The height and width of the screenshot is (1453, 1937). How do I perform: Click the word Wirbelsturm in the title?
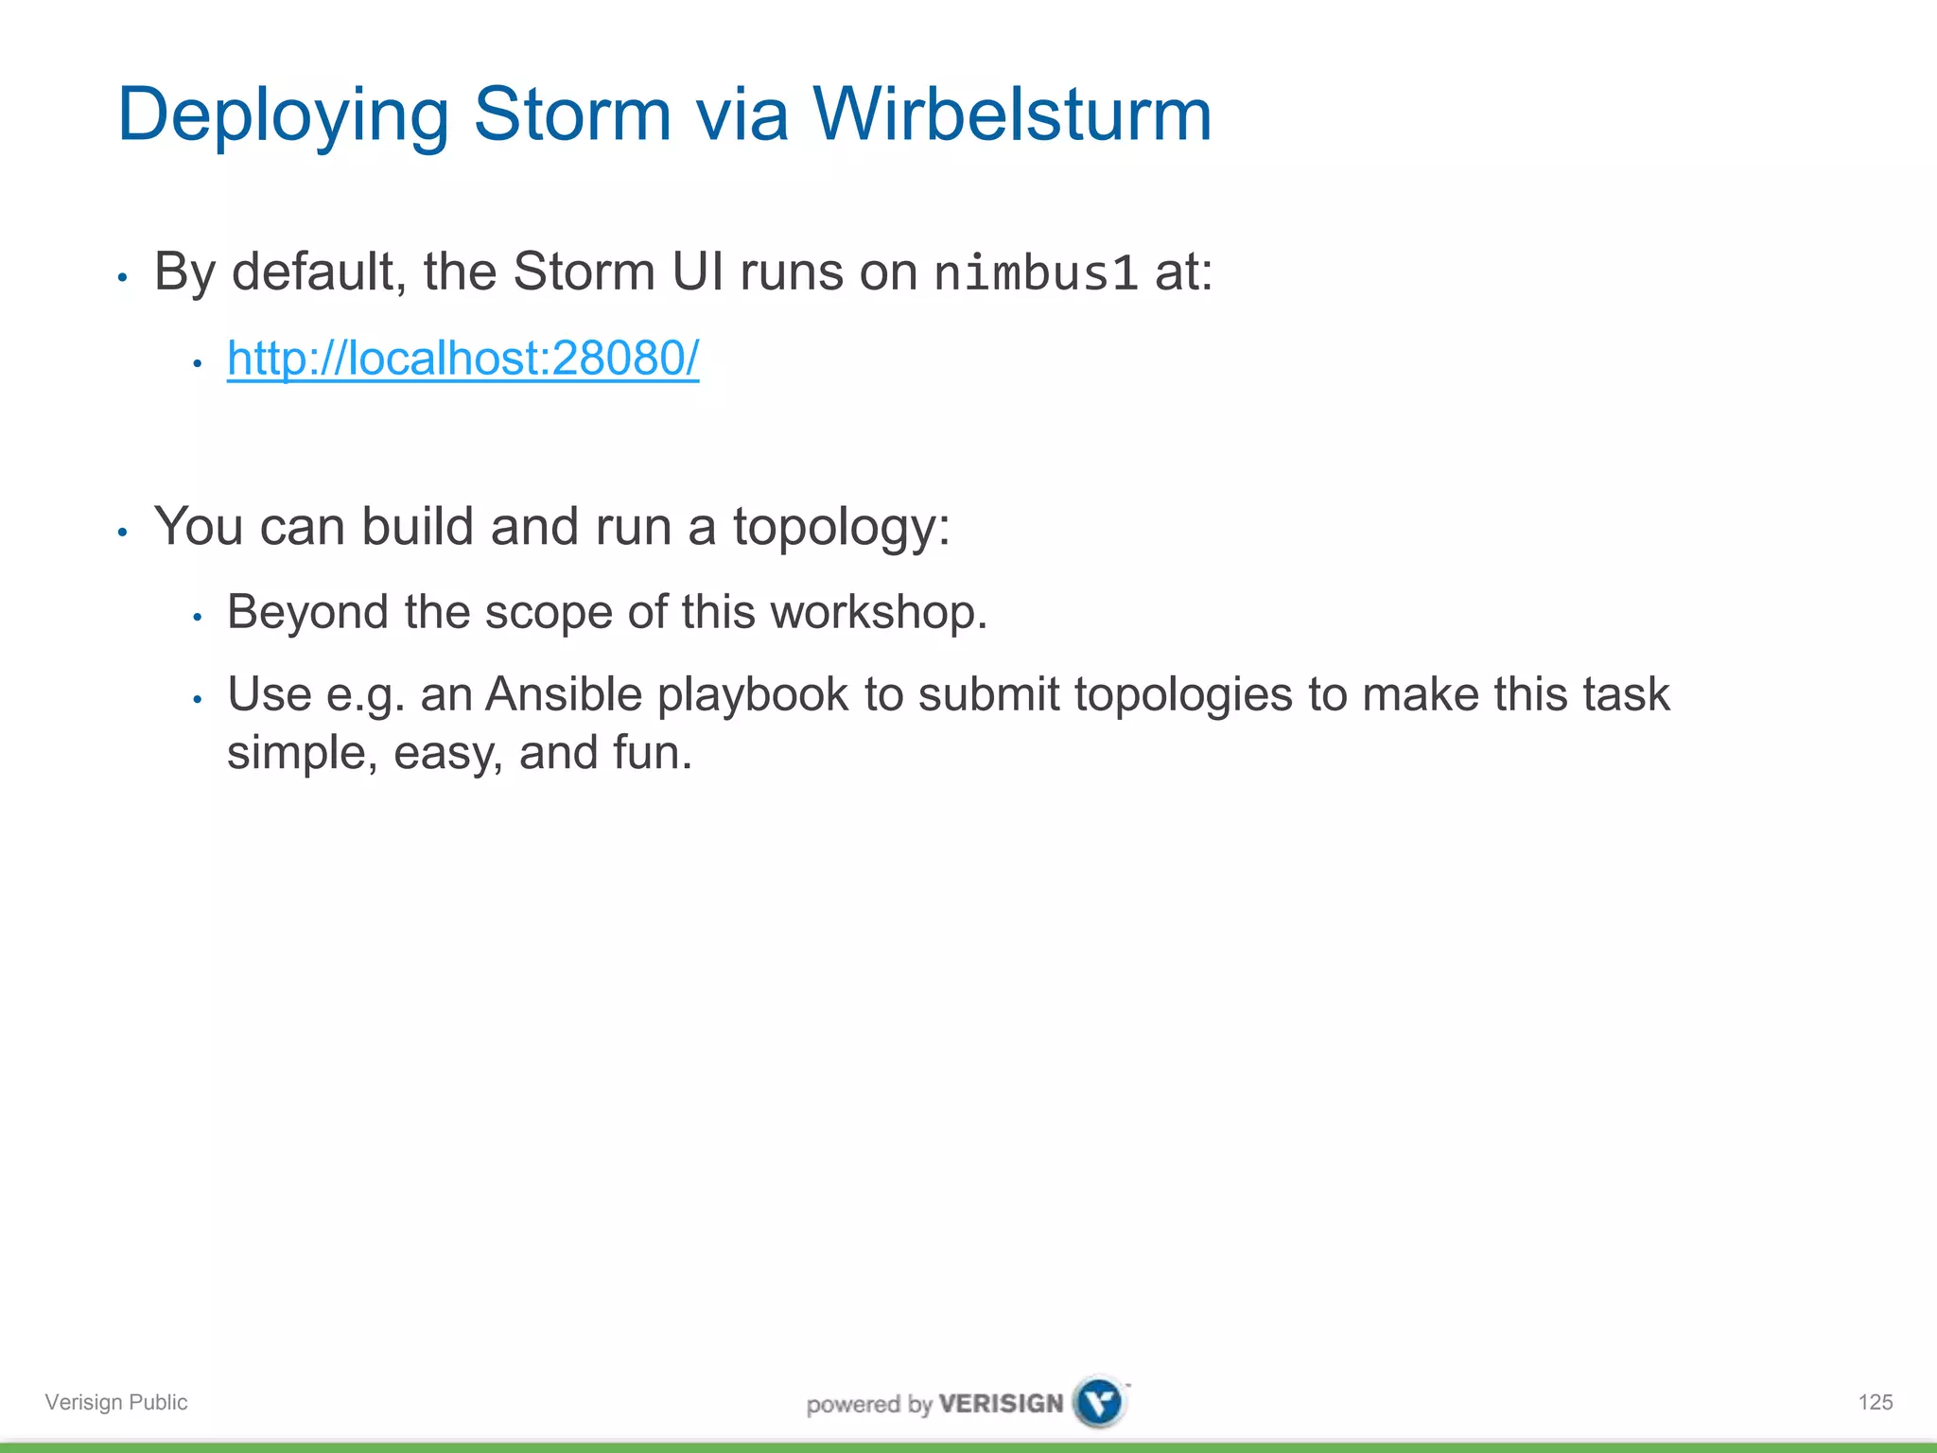tap(1011, 114)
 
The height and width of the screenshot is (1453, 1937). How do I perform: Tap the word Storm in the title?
tap(571, 114)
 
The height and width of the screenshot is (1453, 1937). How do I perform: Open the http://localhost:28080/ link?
tap(462, 359)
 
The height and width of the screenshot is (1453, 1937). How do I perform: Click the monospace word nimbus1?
tap(1035, 274)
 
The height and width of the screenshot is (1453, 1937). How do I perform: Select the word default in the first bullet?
tap(319, 272)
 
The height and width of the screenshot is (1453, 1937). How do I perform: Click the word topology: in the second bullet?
tap(841, 528)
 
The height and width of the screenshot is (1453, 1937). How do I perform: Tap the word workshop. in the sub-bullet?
tap(879, 612)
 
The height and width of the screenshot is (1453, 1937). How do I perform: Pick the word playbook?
tap(752, 696)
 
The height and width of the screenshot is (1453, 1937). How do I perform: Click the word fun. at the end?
tap(653, 753)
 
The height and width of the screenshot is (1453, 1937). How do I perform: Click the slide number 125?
tap(1875, 1402)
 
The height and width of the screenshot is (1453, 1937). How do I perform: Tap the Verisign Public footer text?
tap(116, 1402)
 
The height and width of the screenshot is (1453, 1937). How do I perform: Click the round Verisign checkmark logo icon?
tap(1100, 1401)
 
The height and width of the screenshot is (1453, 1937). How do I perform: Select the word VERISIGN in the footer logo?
tap(1001, 1403)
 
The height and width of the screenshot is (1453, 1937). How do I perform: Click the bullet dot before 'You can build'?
tap(122, 533)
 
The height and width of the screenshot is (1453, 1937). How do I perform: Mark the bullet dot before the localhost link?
tap(197, 363)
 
